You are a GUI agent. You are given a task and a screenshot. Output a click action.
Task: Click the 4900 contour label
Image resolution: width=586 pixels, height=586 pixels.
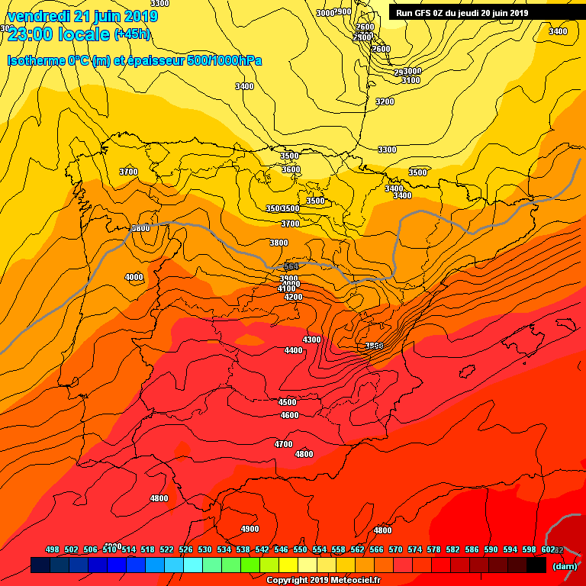[250, 529]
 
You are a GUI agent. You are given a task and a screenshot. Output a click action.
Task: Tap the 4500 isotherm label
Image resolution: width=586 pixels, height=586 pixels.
[287, 402]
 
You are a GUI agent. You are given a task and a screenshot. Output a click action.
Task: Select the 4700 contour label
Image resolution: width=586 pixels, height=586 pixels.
[283, 444]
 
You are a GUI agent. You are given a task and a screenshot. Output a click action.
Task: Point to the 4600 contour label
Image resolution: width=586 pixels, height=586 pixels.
[289, 415]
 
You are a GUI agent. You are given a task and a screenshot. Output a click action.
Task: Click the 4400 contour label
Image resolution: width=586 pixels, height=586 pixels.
[293, 350]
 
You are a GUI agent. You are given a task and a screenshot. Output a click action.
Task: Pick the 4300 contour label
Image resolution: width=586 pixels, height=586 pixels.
[311, 340]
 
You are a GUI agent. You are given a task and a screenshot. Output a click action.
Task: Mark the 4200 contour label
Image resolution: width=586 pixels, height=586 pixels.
[293, 297]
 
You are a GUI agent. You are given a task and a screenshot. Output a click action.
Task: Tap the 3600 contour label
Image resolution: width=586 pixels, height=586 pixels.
[291, 169]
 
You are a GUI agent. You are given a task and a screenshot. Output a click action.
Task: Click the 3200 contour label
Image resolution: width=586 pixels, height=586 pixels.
[385, 101]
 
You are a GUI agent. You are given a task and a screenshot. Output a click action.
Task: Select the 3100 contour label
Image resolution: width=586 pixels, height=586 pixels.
[411, 80]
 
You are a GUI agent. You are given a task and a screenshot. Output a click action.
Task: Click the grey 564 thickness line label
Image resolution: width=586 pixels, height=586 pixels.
[291, 266]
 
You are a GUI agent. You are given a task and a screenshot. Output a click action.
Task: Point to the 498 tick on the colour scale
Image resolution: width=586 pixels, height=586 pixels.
[53, 549]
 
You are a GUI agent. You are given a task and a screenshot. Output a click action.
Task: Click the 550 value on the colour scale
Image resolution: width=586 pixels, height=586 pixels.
[300, 549]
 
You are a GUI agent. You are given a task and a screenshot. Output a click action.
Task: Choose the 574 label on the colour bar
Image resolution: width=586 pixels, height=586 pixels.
[414, 549]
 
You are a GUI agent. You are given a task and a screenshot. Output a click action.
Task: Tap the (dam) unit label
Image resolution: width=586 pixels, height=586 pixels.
[565, 565]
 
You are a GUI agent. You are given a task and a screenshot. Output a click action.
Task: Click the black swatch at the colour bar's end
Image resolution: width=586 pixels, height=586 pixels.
[536, 565]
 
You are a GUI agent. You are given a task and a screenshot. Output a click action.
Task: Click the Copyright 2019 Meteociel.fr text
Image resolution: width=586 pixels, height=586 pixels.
[322, 580]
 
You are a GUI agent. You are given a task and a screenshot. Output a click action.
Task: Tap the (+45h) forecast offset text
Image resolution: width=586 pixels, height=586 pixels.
[132, 34]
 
